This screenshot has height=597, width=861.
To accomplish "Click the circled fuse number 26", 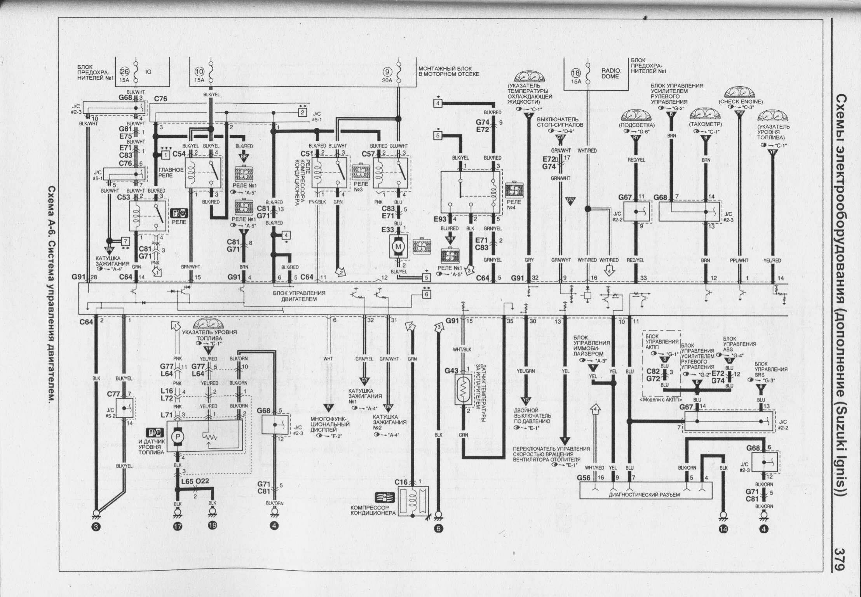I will (x=124, y=71).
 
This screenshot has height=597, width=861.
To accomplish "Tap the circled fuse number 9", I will (x=387, y=71).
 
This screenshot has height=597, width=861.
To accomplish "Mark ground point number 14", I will (x=723, y=529).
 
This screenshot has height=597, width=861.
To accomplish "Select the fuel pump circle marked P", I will (x=178, y=437).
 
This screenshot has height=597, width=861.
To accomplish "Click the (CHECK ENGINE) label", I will (x=741, y=102).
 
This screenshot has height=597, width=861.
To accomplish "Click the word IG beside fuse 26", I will (x=148, y=72).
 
